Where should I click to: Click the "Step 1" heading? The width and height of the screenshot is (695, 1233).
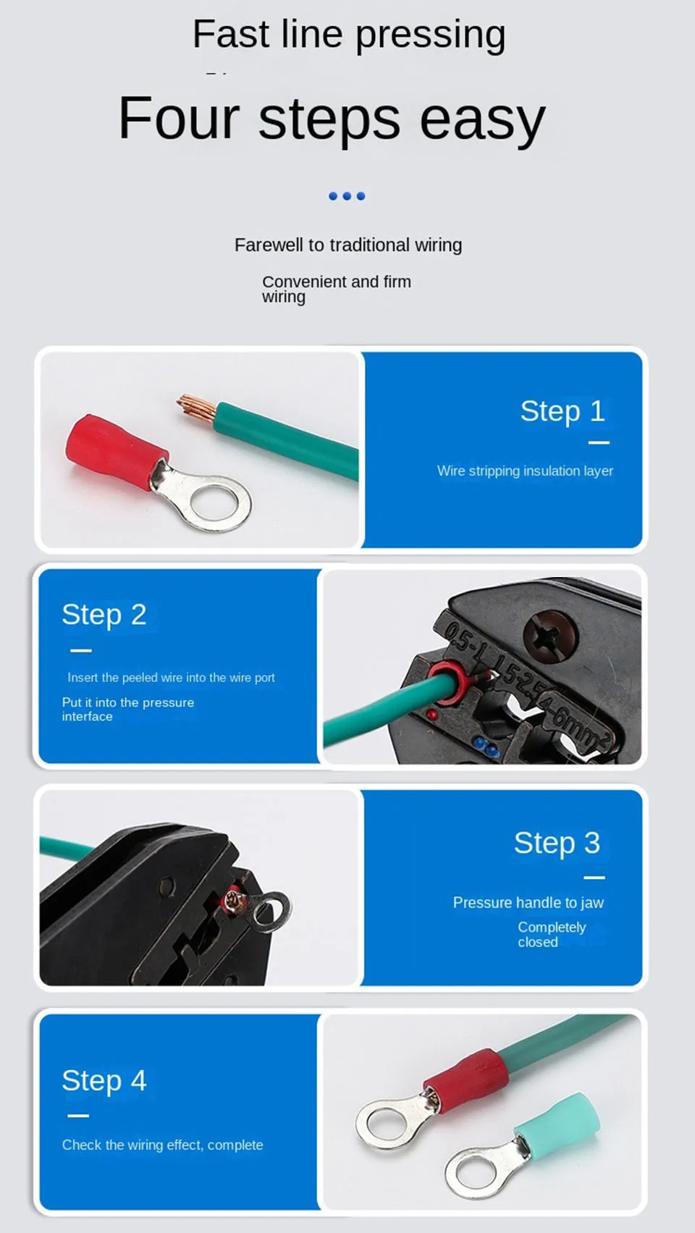(563, 412)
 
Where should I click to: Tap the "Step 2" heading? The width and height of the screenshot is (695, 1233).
(104, 615)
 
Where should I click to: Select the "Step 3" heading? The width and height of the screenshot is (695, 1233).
(557, 843)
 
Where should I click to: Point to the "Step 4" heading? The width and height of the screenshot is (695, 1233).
(104, 1080)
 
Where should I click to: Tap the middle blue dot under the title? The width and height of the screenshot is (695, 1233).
(347, 196)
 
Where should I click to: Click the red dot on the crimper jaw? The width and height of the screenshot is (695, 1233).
(432, 715)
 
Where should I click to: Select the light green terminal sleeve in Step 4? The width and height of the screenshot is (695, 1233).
(556, 1118)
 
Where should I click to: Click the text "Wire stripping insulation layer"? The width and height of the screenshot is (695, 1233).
(525, 471)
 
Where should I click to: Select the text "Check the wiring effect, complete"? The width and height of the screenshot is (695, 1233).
(162, 1145)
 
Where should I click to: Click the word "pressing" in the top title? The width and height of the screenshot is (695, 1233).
(430, 35)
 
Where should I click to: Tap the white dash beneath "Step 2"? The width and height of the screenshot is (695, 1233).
(81, 651)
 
